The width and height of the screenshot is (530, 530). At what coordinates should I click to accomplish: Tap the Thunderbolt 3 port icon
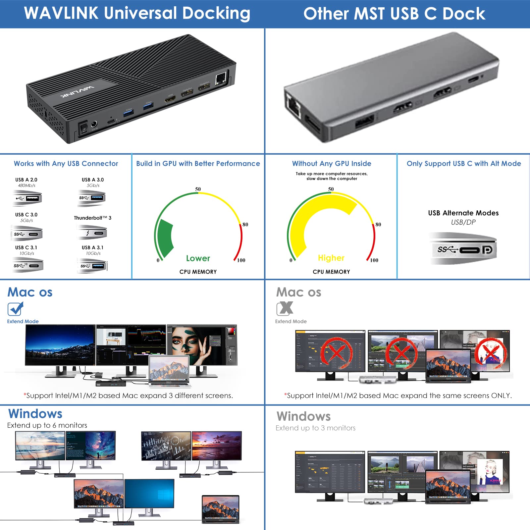pos(92,233)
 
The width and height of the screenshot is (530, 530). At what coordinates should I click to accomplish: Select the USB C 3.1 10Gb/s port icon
pos(27,265)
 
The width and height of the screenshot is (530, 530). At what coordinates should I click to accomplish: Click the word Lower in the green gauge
pos(198,258)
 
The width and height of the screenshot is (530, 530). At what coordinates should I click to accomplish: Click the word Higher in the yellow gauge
pos(331,258)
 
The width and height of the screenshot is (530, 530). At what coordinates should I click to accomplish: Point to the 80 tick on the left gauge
pos(245,225)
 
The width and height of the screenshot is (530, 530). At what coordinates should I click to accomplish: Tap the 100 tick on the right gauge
pos(374,260)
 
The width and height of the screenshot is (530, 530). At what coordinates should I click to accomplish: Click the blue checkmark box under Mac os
pos(15,309)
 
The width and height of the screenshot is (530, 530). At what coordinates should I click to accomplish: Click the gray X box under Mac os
pos(285,308)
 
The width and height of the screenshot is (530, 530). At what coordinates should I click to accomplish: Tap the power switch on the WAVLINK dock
pos(83,129)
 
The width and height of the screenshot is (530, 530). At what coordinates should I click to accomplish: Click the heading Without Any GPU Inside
pos(331,164)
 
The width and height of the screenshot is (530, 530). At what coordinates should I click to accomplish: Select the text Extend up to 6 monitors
pos(47,425)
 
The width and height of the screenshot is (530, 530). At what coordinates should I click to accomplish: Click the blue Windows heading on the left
pos(35,414)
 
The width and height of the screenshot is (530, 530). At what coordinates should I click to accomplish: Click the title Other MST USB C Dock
pos(394,14)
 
